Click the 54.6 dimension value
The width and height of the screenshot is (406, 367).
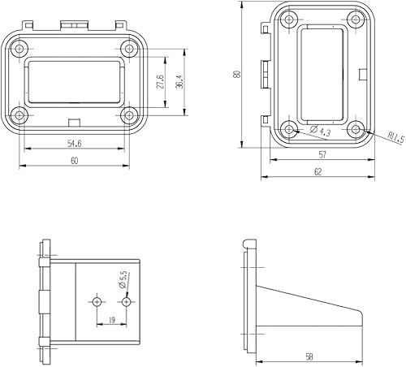pyautogui.click(x=74, y=143)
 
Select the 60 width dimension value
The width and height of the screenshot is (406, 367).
pyautogui.click(x=74, y=161)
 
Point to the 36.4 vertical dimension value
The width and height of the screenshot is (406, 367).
pyautogui.click(x=179, y=82)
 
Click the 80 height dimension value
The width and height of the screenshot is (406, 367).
pyautogui.click(x=235, y=75)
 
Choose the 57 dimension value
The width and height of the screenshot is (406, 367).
pyautogui.click(x=322, y=153)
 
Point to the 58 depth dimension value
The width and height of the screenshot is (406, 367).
pyautogui.click(x=311, y=356)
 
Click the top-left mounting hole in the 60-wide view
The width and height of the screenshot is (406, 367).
pyautogui.click(x=22, y=46)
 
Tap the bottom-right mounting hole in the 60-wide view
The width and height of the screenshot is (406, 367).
pyautogui.click(x=127, y=114)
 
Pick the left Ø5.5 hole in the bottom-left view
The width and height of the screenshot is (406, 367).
pyautogui.click(x=97, y=301)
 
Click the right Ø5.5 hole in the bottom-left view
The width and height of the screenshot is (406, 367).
pyautogui.click(x=124, y=301)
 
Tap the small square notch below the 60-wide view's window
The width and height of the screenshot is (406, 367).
pyautogui.click(x=74, y=123)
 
